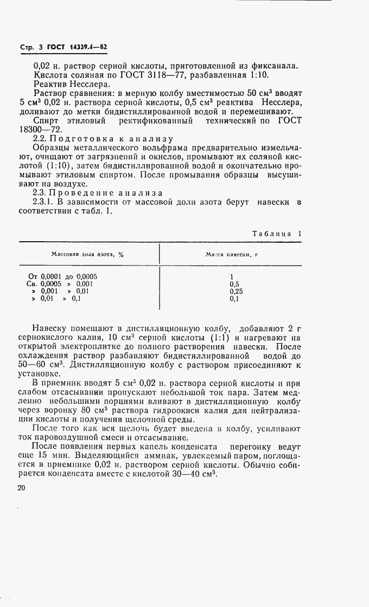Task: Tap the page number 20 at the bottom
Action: (22, 488)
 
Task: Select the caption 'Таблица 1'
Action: (277, 234)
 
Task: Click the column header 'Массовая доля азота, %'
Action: (87, 254)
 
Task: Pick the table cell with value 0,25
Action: (236, 291)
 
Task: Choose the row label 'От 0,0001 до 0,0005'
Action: (62, 276)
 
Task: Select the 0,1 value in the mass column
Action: (234, 299)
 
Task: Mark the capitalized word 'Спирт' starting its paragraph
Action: (46, 120)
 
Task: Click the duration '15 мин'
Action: (56, 456)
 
